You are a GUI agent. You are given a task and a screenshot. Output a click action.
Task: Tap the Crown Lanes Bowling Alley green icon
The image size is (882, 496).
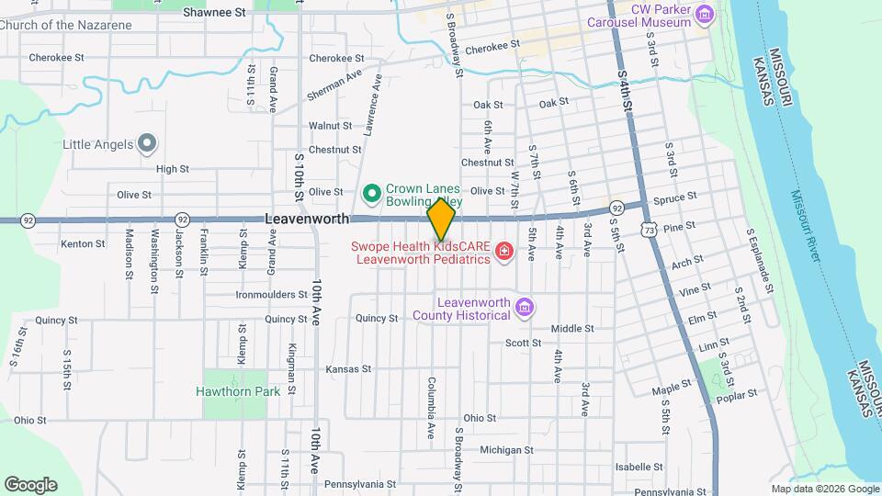(372, 194)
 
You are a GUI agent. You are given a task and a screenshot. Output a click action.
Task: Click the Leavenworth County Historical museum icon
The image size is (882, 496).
(525, 307)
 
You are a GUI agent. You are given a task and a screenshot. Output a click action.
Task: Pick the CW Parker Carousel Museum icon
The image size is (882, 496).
(705, 15)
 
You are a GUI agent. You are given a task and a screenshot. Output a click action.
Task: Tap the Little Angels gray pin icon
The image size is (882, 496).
(147, 143)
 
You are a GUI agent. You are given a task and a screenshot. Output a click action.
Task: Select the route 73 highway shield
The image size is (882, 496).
(649, 229)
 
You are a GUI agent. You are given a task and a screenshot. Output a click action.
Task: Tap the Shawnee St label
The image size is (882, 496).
(215, 13)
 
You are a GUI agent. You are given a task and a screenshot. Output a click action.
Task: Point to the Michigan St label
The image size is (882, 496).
(506, 450)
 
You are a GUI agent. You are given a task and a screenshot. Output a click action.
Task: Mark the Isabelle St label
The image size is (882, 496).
(633, 467)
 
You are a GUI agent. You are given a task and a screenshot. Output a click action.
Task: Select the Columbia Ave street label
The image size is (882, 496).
(431, 406)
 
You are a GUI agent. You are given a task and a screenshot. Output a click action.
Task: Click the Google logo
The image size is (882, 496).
(30, 484)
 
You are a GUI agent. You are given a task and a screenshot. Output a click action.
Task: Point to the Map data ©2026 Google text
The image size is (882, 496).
(823, 489)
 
